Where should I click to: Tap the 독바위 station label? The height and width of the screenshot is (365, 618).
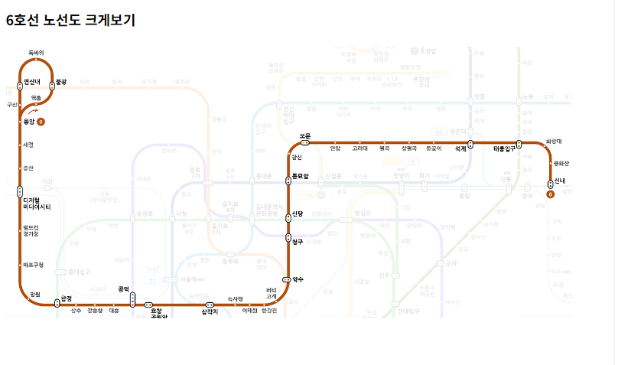click(x=36, y=53)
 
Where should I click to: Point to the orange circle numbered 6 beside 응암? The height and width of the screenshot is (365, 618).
click(x=41, y=122)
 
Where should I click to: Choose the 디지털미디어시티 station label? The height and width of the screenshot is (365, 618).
click(x=37, y=204)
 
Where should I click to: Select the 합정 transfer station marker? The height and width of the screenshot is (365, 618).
click(x=57, y=304)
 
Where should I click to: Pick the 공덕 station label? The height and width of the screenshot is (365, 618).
click(x=124, y=288)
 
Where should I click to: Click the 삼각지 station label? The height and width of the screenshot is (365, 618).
click(x=210, y=311)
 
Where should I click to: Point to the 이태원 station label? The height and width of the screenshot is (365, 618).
click(x=250, y=311)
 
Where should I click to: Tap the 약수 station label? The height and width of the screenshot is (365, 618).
click(x=298, y=279)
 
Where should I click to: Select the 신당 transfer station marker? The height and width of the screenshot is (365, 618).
click(x=288, y=215)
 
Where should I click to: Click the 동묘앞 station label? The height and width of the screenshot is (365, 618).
click(x=299, y=177)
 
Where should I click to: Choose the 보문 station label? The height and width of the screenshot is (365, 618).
click(x=305, y=135)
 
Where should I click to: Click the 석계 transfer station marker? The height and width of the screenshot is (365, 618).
click(x=470, y=143)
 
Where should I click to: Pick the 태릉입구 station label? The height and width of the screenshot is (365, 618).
click(x=506, y=149)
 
